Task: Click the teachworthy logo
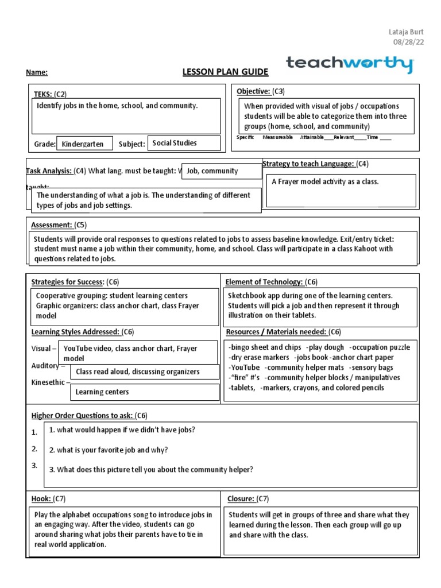pos(349,64)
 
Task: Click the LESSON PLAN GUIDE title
pos(225,71)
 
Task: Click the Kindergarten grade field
pos(83,144)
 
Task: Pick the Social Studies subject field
pos(175,143)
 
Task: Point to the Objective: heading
pos(253,91)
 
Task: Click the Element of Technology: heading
pos(264,282)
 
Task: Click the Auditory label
pos(46,366)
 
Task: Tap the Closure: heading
pos(240,498)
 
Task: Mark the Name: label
pos(37,72)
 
